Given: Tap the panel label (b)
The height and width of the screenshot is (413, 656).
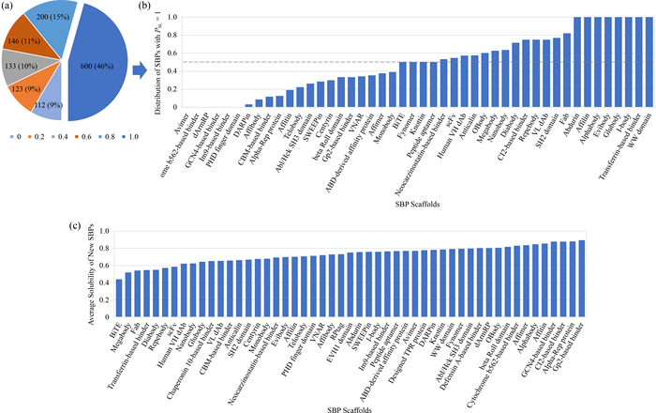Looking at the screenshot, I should (x=144, y=7).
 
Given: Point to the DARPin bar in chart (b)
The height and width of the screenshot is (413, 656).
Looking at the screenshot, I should (x=248, y=105).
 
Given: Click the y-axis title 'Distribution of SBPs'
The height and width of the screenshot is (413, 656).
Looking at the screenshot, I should (x=163, y=61).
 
